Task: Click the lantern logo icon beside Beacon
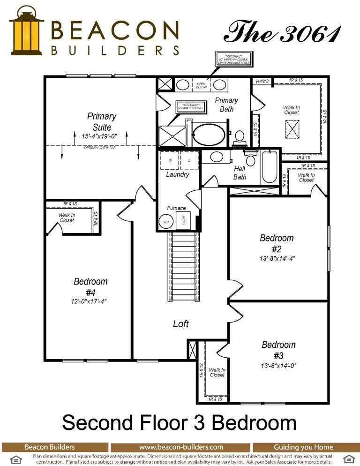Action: click(26, 31)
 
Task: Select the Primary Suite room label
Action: click(102, 121)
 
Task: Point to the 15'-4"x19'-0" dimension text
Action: click(99, 136)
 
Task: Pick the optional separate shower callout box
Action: click(190, 106)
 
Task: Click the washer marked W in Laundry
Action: click(170, 160)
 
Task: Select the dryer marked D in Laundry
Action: click(189, 160)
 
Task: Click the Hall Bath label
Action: click(240, 173)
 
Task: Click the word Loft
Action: click(181, 324)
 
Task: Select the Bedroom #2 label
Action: click(277, 243)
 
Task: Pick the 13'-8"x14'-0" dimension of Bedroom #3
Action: click(278, 365)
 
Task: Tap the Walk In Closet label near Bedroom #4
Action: click(67, 218)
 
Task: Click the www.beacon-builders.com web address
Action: click(181, 447)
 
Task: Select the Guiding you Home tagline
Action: click(303, 447)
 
